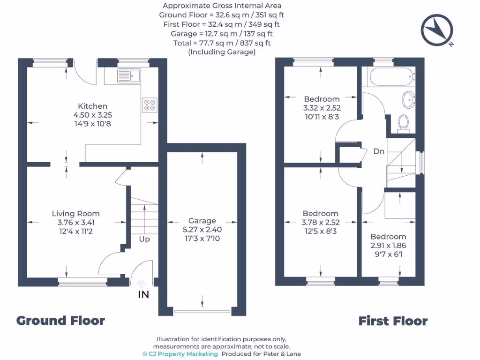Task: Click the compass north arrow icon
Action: point(437,30)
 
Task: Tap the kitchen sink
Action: point(129,75)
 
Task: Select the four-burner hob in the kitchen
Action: point(149,105)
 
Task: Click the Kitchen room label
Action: point(92,106)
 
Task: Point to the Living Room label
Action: point(75,214)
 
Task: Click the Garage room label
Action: point(202,221)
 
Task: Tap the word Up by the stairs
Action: point(144,239)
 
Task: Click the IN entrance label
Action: point(143,295)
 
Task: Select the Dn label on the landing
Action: point(379,151)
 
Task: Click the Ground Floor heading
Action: point(60,321)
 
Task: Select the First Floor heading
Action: point(393,321)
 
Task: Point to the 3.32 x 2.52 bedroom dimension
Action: point(322,108)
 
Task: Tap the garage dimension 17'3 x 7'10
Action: point(202,239)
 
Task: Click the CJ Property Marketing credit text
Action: point(180,354)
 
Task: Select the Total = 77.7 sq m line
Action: point(222,43)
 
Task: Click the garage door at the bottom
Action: point(202,311)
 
